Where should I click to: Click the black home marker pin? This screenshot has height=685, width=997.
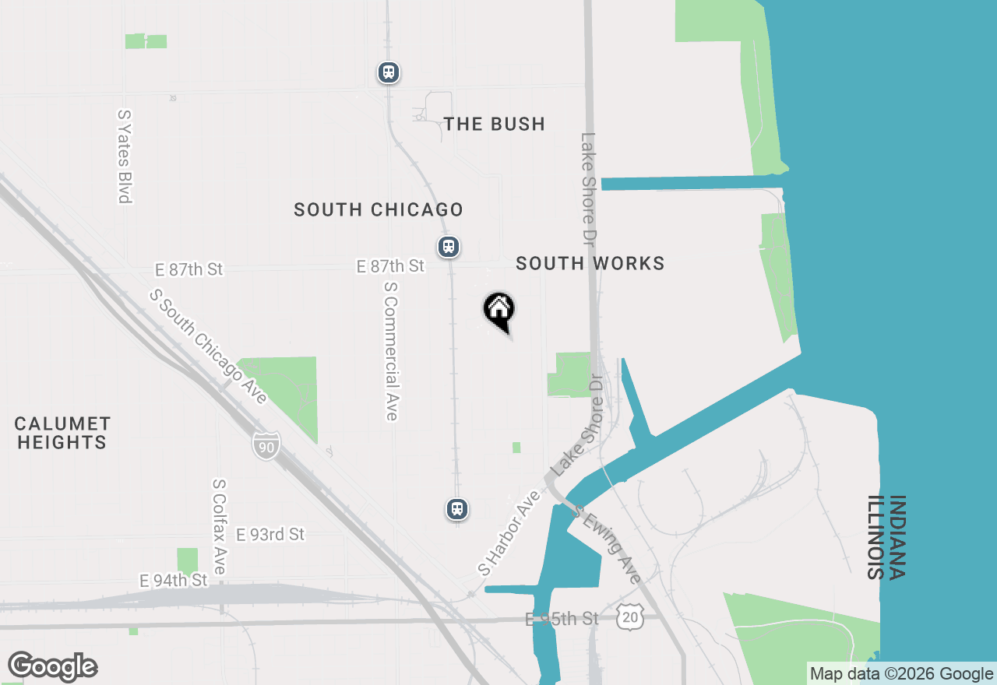499,310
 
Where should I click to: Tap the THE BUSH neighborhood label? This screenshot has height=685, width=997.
494,124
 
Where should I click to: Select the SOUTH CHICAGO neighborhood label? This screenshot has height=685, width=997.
379,209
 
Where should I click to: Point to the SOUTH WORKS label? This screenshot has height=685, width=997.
590,263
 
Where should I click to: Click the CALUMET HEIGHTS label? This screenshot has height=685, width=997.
62,433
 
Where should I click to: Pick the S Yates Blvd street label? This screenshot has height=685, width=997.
124,156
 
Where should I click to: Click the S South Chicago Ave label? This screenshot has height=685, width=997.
208,346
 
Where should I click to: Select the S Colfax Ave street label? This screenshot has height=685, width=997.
219,526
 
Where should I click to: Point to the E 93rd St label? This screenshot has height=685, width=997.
270,535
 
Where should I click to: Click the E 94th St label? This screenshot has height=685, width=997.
174,581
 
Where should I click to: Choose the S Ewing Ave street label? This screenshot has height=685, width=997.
608,545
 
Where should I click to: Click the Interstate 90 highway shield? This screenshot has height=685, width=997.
264,447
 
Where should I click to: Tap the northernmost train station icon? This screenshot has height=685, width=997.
388,72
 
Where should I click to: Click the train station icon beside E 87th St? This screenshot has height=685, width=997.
448,247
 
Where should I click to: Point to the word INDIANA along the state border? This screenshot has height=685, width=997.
896,537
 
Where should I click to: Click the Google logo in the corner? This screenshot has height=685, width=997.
53,666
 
